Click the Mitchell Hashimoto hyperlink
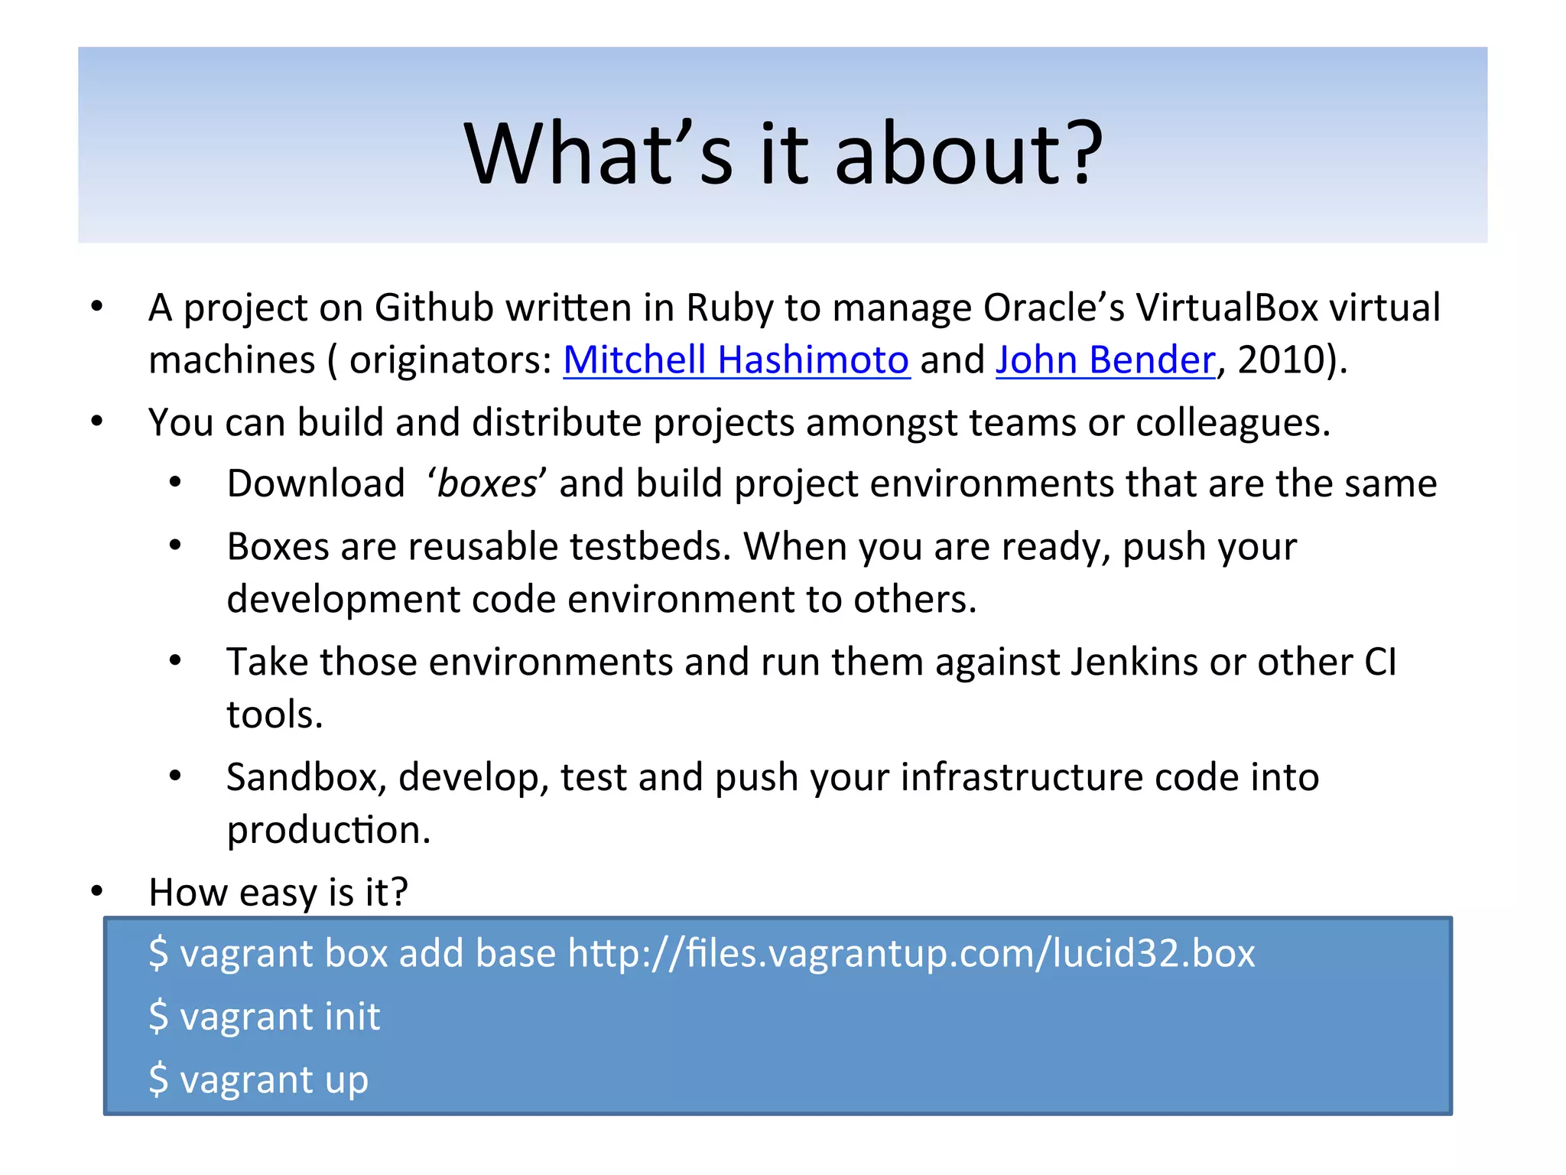pyautogui.click(x=736, y=360)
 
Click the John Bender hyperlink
pyautogui.click(x=1105, y=360)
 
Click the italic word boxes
pyautogui.click(x=488, y=483)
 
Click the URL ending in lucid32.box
pyautogui.click(x=911, y=954)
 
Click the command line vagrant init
pyautogui.click(x=265, y=1017)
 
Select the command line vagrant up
pyautogui.click(x=258, y=1079)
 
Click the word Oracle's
pyautogui.click(x=1053, y=308)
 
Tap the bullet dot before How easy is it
pyautogui.click(x=96, y=891)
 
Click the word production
pyautogui.click(x=328, y=830)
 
